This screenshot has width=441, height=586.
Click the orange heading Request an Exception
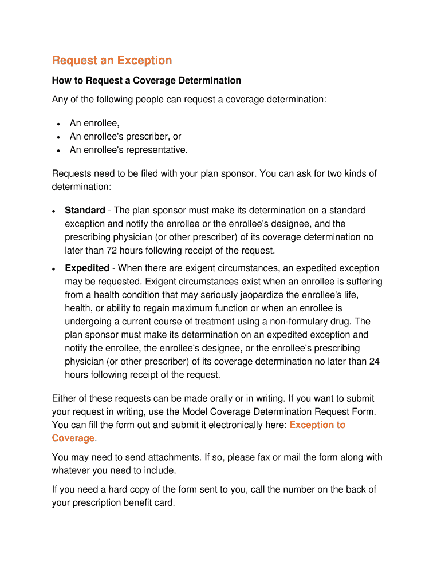click(112, 61)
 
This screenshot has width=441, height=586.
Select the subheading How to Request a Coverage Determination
click(147, 81)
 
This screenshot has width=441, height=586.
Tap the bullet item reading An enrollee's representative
click(128, 150)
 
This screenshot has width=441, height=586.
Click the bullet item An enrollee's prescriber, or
click(125, 137)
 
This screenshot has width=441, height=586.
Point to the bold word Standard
click(85, 211)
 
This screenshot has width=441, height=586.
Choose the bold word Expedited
click(87, 268)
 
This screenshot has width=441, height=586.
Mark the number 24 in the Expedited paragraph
click(375, 362)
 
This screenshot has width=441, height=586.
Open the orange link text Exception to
click(317, 425)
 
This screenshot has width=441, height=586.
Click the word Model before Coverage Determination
click(195, 412)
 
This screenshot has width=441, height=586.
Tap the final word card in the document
click(164, 503)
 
